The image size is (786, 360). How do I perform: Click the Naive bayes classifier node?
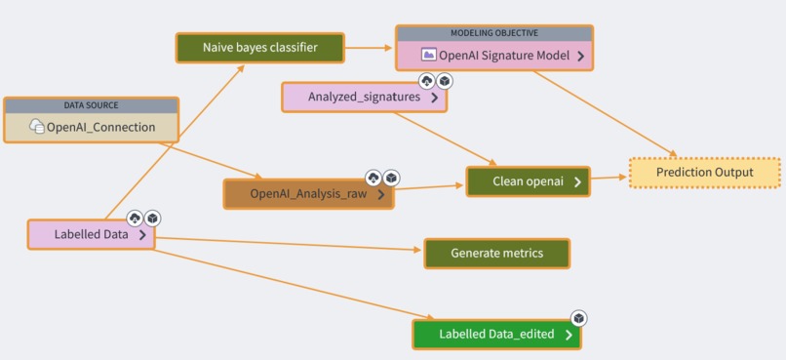[x=259, y=47]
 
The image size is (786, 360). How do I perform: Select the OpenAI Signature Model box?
[x=494, y=56]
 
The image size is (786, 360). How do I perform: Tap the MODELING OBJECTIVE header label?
[x=494, y=33]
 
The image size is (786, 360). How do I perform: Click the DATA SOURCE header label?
[x=92, y=105]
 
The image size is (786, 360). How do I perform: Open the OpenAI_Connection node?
[x=92, y=127]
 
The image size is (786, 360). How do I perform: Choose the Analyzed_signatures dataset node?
[x=364, y=97]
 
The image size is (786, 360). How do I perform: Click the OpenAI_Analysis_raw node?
[x=308, y=194]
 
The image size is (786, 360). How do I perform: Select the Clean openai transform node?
[x=527, y=181]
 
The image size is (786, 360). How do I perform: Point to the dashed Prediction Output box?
[x=704, y=173]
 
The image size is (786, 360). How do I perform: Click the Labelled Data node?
[x=91, y=234]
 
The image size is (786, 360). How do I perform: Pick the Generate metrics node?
[x=496, y=254]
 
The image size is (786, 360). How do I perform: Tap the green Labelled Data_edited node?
[x=496, y=334]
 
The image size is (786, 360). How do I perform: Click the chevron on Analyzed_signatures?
[x=434, y=98]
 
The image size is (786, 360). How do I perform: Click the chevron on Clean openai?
[x=577, y=181]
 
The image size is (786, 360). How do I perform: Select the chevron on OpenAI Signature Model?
[x=580, y=57]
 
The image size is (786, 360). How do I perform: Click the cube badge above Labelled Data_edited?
[x=578, y=319]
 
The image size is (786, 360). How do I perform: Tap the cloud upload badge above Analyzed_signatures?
[x=426, y=81]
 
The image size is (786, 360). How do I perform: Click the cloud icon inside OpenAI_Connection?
[x=37, y=127]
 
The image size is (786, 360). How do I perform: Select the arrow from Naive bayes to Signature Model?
[x=370, y=47]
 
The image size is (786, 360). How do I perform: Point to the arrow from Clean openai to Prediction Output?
[x=609, y=178]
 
